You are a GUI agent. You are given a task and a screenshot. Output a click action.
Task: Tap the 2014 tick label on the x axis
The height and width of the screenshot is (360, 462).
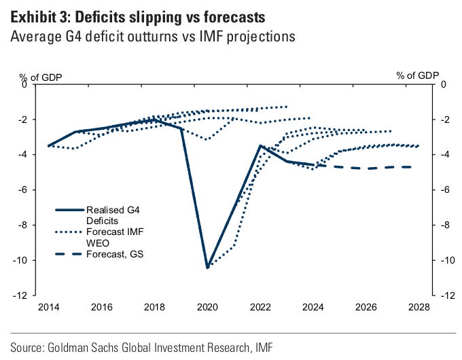pos(48,307)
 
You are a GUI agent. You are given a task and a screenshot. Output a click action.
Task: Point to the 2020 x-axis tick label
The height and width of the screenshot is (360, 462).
pos(207,307)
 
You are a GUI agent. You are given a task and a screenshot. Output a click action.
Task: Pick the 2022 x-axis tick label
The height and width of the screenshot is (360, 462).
pos(259,307)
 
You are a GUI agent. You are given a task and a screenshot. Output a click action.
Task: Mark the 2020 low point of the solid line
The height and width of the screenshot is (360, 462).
pos(207,267)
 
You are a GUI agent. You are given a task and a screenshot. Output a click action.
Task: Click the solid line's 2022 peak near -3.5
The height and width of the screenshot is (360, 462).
pos(260,145)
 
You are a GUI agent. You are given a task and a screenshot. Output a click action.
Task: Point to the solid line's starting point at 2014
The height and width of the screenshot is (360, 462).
pos(48,145)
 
